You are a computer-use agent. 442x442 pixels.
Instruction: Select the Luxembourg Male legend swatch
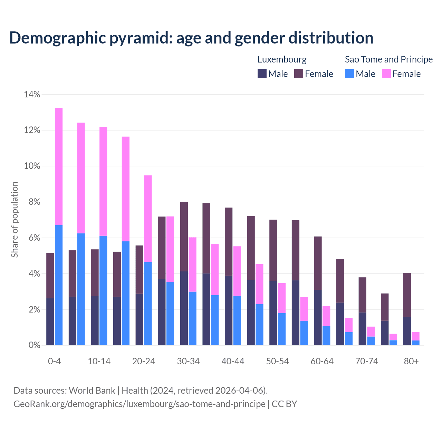pos(262,74)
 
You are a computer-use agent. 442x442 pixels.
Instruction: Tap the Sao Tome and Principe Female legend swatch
pos(386,74)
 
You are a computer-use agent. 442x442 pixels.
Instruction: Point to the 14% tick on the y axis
pos(32,94)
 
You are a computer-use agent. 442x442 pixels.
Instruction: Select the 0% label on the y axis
pos(34,345)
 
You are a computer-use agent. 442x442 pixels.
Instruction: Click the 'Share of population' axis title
pos(15,220)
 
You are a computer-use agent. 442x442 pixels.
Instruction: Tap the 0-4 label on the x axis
pos(55,361)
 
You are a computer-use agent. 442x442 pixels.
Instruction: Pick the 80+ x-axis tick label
pos(411,361)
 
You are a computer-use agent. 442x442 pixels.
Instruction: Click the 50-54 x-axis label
pos(278,361)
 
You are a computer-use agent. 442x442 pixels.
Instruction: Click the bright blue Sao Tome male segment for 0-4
pos(59,285)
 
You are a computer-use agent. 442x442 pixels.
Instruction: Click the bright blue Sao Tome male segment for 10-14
pos(103,290)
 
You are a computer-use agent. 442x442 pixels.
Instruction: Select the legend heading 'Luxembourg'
pos(282,59)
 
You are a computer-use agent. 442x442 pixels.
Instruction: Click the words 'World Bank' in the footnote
pos(92,391)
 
